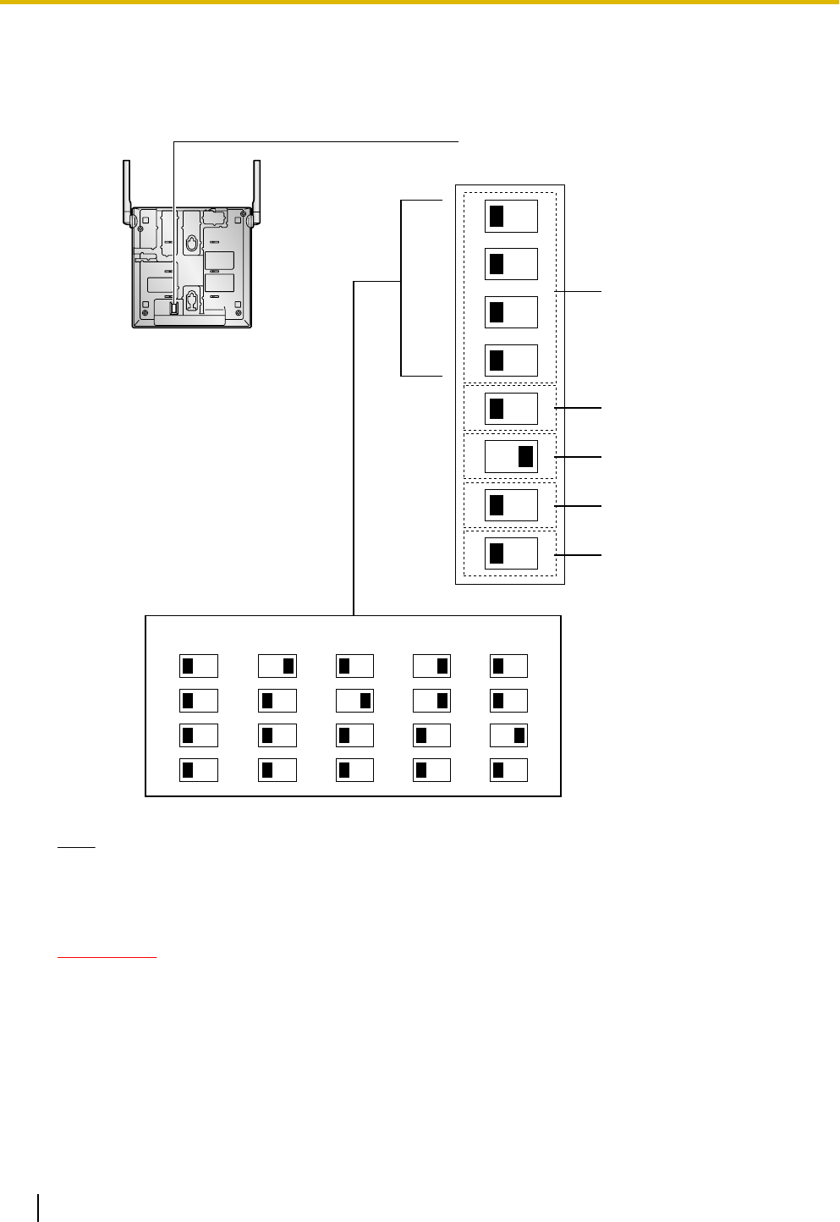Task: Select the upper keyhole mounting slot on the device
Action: pos(192,243)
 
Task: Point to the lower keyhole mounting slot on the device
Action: pos(192,300)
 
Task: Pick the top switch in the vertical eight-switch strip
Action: pos(511,216)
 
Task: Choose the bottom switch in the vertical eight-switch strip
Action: pos(511,553)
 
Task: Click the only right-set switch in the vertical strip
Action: pos(511,457)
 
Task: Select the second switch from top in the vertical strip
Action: pos(511,264)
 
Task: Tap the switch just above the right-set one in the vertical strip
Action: pos(511,409)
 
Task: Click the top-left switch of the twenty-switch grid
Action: pos(199,666)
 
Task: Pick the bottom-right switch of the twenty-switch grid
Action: pos(508,770)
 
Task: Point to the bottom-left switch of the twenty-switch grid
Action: pos(199,770)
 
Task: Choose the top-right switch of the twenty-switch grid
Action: pos(508,666)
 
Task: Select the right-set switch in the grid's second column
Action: pos(277,666)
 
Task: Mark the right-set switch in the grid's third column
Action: pos(354,701)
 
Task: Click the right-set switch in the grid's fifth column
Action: pos(508,735)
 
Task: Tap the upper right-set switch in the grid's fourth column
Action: pos(431,666)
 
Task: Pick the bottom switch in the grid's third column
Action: pos(354,770)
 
